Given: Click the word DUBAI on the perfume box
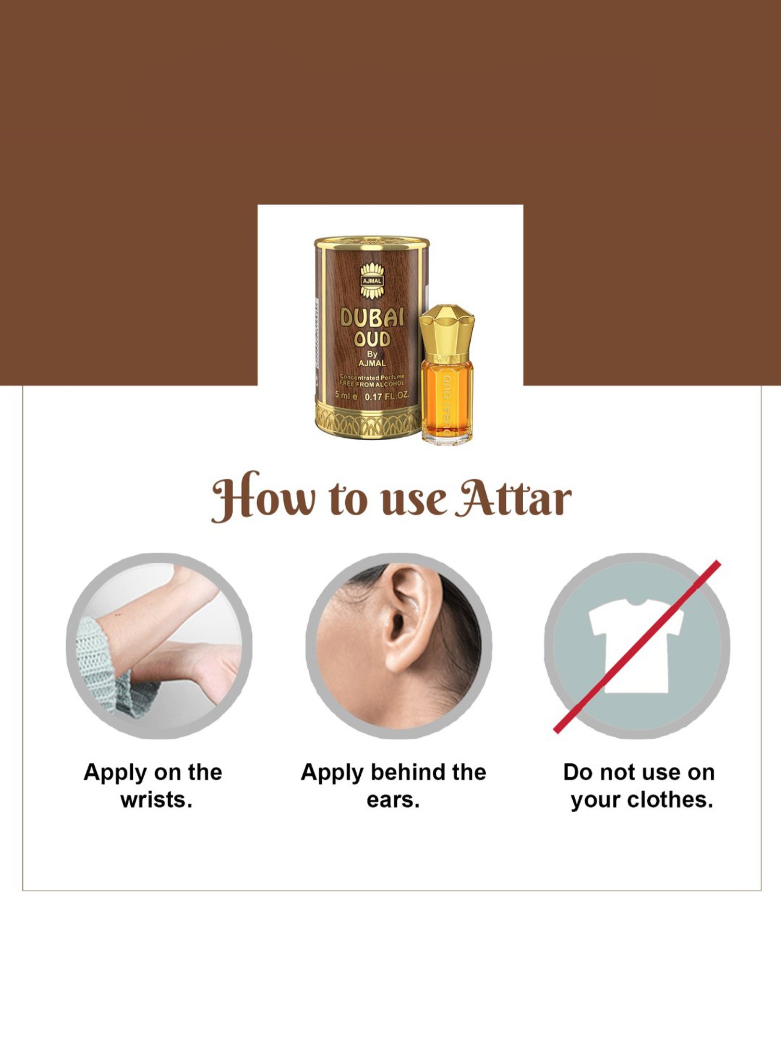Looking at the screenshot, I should [372, 317].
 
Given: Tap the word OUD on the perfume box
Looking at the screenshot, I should [372, 339].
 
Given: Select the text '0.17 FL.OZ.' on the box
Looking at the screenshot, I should [386, 396].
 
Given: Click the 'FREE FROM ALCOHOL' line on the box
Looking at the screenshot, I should [372, 384].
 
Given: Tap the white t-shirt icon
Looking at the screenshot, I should [636, 646].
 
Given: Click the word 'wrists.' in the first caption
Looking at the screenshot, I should [156, 800].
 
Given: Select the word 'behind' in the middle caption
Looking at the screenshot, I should [409, 772].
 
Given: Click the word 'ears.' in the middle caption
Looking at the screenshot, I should [393, 800].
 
